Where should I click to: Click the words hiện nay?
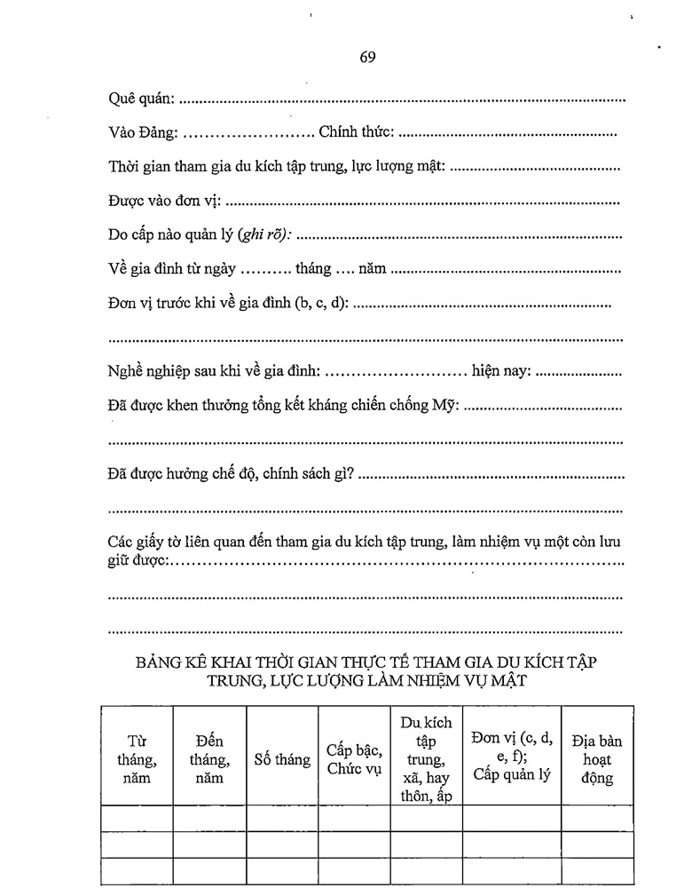pyautogui.click(x=501, y=371)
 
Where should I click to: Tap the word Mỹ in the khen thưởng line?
pyautogui.click(x=447, y=405)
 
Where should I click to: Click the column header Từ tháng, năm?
pyautogui.click(x=137, y=759)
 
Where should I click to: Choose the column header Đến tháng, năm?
pyautogui.click(x=209, y=759)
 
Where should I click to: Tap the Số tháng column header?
pyautogui.click(x=282, y=759)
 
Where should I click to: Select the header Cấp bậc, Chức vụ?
pyautogui.click(x=354, y=759)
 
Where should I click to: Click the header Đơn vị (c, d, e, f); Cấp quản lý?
pyautogui.click(x=512, y=756)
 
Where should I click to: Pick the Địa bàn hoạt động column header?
pyautogui.click(x=597, y=759)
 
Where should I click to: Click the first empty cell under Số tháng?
pyautogui.click(x=282, y=818)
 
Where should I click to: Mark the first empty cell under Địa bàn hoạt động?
pyautogui.click(x=597, y=818)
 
